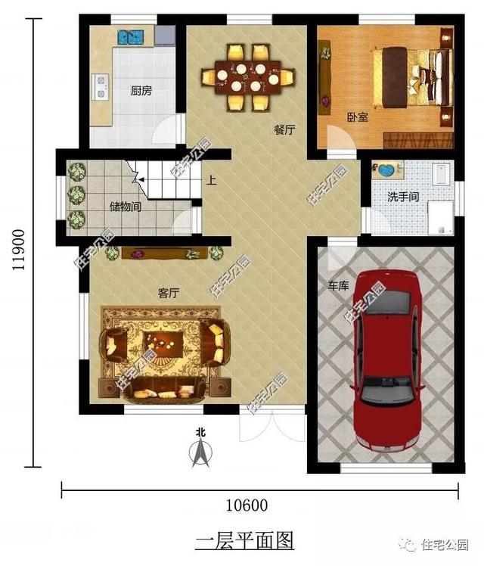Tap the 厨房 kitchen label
(x=141, y=91)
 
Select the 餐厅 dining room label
(x=284, y=130)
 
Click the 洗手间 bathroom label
(x=403, y=197)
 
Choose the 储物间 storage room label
(x=125, y=206)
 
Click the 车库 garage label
(x=337, y=288)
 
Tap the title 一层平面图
(x=244, y=540)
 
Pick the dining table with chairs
(x=247, y=76)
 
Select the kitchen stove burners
(x=101, y=86)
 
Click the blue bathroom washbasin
(x=388, y=170)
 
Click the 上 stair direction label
(x=211, y=182)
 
